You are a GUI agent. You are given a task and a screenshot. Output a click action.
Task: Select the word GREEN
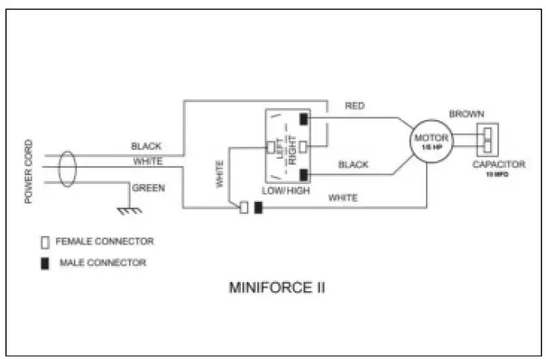[148, 188]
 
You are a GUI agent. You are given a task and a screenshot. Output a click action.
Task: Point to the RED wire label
[355, 106]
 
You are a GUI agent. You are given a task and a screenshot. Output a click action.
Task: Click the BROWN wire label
[466, 114]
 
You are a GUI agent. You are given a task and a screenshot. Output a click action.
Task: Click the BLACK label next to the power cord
[146, 147]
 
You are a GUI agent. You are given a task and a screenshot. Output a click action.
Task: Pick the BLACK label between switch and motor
[353, 165]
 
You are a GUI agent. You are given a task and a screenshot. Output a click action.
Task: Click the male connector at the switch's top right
[303, 119]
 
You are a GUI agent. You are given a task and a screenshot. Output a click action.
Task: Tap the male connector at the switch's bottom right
[303, 174]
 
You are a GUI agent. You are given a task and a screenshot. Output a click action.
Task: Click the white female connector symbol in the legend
[45, 242]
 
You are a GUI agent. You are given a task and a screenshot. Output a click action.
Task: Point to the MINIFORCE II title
[277, 287]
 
